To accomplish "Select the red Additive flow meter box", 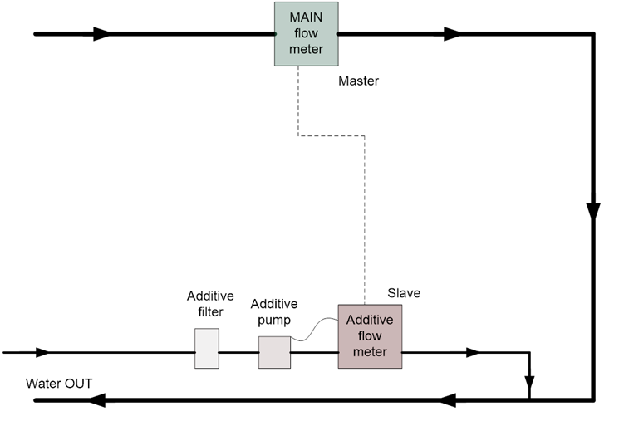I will click(370, 336).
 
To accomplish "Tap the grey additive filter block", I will click(206, 348).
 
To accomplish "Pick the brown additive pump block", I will click(273, 351).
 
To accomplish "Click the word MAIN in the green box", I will click(306, 17).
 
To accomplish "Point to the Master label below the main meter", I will click(359, 81).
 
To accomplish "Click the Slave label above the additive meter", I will click(404, 293).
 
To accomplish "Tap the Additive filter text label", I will click(210, 304).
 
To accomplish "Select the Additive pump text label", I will click(274, 311).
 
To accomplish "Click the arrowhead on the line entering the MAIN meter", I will click(100, 34).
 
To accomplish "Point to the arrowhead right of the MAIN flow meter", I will click(452, 34).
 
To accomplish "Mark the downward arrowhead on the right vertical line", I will click(593, 207).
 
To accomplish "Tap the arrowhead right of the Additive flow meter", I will click(471, 353).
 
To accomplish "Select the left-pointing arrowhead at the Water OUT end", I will click(96, 402).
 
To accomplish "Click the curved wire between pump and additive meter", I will click(313, 331).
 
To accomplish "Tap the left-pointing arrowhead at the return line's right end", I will click(450, 402).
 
